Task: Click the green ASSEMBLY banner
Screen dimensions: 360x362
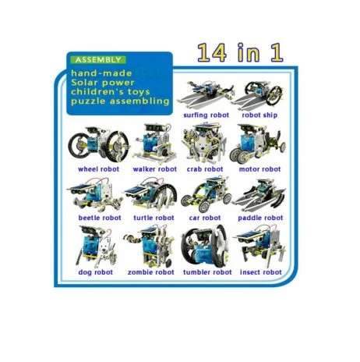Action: coord(98,60)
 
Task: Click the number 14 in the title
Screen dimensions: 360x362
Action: coord(211,53)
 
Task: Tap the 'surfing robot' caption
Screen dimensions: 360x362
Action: coord(206,115)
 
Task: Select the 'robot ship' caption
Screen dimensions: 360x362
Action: coord(259,115)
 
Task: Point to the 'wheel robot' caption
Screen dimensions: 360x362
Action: coord(99,169)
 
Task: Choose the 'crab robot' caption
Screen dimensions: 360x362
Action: coord(205,169)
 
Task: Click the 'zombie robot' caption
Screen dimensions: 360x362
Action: coord(151,272)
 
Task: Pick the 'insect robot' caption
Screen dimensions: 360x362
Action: coord(261,272)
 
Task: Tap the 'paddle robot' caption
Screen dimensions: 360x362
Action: coord(260,218)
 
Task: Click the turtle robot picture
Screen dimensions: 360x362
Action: coord(150,195)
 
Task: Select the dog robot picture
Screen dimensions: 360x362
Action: coord(96,247)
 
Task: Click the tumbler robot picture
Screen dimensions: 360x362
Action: coord(205,246)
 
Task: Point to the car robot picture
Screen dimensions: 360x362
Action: coord(206,194)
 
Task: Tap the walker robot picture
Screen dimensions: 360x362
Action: coord(155,144)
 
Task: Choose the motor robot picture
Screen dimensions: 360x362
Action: coord(258,144)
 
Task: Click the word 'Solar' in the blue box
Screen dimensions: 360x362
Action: coord(83,83)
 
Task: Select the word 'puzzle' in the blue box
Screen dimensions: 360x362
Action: coord(88,101)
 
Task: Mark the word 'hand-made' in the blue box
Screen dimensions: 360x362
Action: coord(101,73)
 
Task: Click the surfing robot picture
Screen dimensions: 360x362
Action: coord(206,94)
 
